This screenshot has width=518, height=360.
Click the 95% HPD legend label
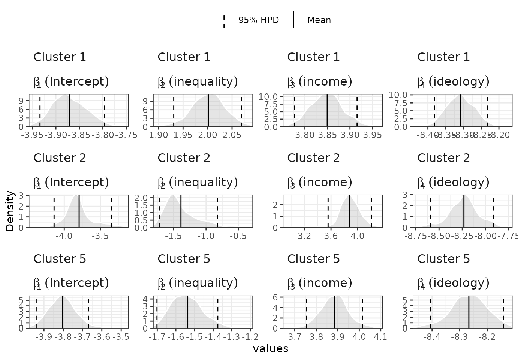(259, 20)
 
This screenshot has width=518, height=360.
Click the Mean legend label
(319, 20)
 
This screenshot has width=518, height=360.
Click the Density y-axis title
(10, 211)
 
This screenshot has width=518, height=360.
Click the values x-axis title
(271, 349)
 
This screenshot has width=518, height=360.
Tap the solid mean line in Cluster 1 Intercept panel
(70, 110)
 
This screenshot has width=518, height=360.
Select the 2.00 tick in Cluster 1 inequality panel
(207, 135)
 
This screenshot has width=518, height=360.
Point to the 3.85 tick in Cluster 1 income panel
(327, 135)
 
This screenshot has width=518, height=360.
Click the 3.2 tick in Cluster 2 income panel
(304, 236)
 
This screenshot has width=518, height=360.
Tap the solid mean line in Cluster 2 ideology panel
(464, 211)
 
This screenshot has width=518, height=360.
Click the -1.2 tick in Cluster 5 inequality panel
(250, 337)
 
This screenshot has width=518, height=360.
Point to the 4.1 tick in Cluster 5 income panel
(381, 337)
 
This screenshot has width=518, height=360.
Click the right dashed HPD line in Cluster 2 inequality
(217, 211)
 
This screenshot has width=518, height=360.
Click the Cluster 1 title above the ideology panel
(443, 57)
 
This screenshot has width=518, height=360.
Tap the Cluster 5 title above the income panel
(313, 259)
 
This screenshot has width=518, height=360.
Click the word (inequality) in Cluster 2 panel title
(203, 182)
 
